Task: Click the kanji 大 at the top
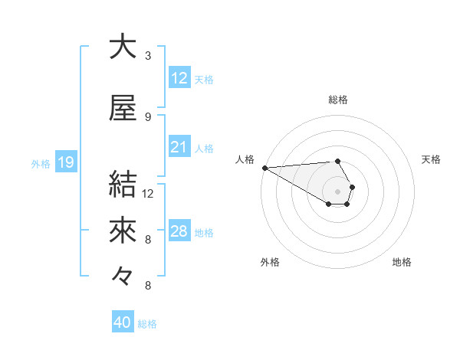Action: click(123, 46)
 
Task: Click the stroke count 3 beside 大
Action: click(148, 56)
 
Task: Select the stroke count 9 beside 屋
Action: click(148, 117)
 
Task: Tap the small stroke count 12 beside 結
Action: click(148, 194)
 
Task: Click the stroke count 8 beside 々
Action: click(148, 286)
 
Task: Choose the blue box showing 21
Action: click(179, 147)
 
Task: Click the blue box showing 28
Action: click(179, 231)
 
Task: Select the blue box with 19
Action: click(65, 162)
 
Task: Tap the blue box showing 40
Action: click(123, 323)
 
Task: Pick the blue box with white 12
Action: click(179, 78)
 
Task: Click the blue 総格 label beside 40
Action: click(147, 324)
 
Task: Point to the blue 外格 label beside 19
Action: click(41, 163)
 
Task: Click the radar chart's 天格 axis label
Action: click(432, 159)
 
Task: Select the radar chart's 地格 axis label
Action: click(402, 262)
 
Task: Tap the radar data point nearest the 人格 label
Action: click(264, 167)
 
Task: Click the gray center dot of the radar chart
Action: click(337, 191)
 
